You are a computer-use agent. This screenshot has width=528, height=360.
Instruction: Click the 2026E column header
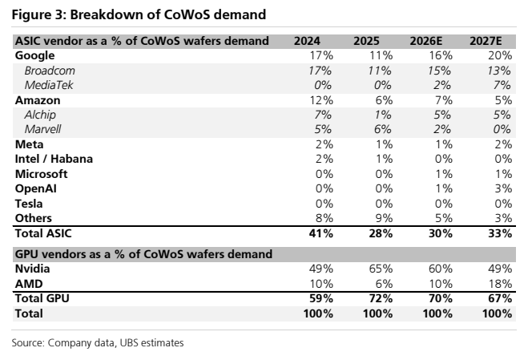[426, 41]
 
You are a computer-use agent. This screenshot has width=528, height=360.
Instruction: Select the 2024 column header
[307, 41]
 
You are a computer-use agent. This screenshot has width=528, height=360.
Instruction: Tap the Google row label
[34, 55]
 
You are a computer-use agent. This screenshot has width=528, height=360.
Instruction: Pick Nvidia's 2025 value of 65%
[380, 269]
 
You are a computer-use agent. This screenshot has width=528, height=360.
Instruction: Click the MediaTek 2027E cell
[502, 85]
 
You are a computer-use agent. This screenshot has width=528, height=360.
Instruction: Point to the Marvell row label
[42, 129]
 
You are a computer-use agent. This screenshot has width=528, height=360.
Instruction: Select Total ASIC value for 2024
[321, 233]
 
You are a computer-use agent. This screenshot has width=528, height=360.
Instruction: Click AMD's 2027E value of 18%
[500, 284]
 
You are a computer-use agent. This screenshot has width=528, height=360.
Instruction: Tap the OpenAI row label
[36, 188]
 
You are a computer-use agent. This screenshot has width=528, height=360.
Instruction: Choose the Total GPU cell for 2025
[381, 298]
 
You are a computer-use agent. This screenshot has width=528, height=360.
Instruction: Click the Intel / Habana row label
[54, 159]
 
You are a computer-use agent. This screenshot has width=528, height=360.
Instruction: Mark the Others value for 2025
[384, 218]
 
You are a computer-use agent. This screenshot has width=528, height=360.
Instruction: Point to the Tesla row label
[29, 204]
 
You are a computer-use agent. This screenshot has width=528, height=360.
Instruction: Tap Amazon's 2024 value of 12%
[321, 100]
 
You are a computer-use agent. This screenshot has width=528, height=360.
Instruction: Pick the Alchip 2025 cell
[383, 115]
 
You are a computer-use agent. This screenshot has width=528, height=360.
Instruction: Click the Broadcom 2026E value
[439, 71]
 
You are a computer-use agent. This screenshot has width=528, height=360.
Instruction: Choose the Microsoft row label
[41, 174]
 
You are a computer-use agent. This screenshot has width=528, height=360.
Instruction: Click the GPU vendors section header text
[143, 254]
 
